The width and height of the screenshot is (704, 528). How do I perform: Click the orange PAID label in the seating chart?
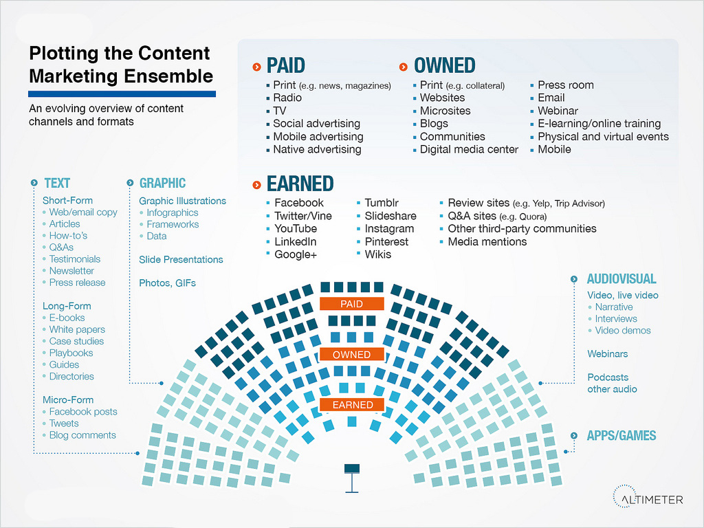coord(351,304)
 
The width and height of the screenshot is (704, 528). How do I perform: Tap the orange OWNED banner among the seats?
coord(351,355)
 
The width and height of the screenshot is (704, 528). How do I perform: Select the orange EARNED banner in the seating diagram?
coord(352,404)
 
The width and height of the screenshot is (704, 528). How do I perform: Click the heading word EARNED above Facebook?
coord(300,184)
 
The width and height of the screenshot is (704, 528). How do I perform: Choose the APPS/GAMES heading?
coord(621,435)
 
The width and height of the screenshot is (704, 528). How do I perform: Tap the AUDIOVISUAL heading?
coord(621,279)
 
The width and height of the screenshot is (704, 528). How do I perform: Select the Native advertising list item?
coord(317,149)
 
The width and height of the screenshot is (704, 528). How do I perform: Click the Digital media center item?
coord(469,149)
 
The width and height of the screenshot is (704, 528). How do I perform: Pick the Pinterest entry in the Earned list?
coord(386,241)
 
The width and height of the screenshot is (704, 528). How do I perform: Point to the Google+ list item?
coord(296,254)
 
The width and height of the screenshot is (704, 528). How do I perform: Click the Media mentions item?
coord(487,241)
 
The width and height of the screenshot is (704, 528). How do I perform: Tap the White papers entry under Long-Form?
coord(77,329)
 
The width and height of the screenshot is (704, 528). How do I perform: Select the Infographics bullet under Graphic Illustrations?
coord(172,213)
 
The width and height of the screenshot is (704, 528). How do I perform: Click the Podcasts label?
coord(608,377)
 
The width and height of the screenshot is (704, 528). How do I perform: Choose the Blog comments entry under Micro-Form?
coord(82,435)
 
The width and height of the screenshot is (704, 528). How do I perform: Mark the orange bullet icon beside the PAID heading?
coord(257,67)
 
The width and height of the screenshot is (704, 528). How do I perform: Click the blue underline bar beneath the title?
coord(122,93)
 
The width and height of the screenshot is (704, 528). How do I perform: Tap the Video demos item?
coord(623,331)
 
